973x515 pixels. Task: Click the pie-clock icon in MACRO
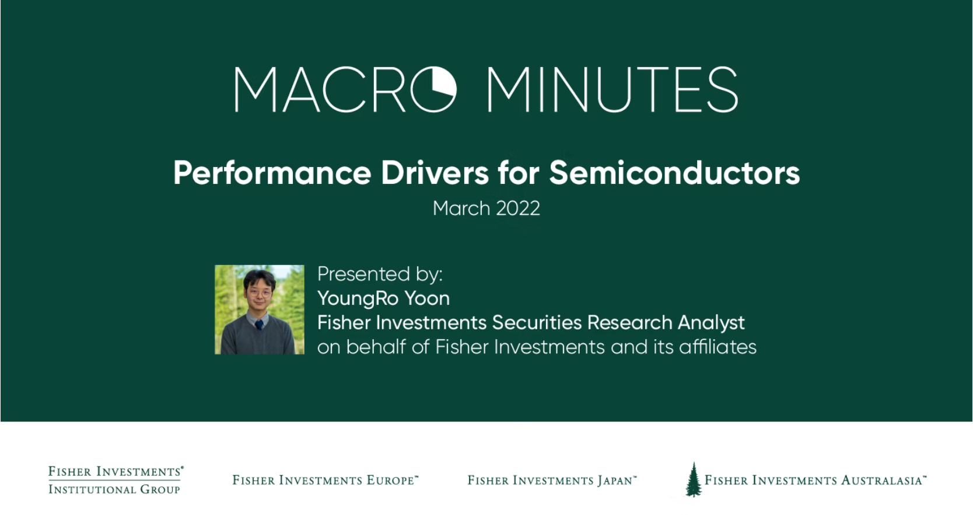coord(433,89)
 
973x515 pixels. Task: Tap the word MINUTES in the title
coord(612,89)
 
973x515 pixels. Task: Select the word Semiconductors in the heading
coord(674,173)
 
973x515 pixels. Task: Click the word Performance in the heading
coord(272,173)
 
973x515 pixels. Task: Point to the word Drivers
coord(435,173)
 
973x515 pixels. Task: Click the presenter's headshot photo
coord(260,309)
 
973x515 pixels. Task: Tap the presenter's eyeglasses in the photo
coord(260,293)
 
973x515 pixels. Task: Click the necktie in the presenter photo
coord(259,325)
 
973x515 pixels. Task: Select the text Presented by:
coord(380,274)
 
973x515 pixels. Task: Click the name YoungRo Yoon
coord(384,299)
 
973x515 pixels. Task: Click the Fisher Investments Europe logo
coord(325,480)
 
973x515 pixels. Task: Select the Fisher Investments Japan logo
coord(552,480)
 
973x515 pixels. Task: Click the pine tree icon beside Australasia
coord(693,479)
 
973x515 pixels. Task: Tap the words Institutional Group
coord(114,490)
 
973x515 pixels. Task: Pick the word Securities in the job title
coord(537,323)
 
